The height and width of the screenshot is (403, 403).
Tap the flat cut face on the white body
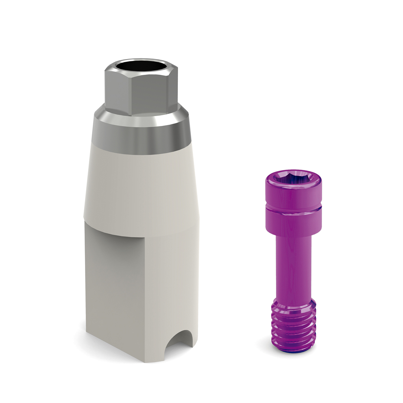114,283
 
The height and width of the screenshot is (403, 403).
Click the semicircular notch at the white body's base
179,341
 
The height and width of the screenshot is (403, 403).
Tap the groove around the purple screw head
293,207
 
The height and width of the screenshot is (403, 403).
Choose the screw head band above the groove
293,195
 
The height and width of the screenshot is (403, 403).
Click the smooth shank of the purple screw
293,268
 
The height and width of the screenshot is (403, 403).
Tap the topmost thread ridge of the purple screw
293,313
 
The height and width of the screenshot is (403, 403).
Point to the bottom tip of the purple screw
293,349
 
